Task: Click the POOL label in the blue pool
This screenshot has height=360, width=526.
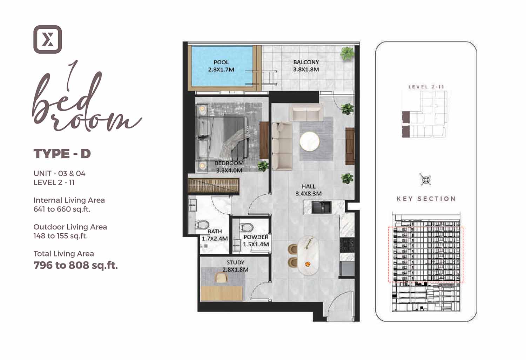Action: point(221,66)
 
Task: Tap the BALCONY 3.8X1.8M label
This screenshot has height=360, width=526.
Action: point(306,66)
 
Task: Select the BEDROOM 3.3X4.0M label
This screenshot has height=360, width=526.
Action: point(229,167)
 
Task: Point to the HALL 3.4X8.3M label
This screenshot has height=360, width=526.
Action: point(308,190)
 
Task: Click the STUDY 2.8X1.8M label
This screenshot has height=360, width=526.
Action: point(235,266)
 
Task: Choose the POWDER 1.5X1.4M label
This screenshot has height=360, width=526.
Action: point(256,241)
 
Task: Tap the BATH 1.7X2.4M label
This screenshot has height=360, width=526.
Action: point(215,235)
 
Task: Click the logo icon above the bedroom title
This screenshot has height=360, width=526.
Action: point(48,39)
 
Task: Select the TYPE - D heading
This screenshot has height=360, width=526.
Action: point(62,154)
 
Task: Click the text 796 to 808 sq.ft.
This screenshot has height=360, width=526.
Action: point(76,265)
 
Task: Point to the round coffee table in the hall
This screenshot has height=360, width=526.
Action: point(310,141)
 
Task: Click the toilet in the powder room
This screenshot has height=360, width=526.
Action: point(246,227)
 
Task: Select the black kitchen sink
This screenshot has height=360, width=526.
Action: point(321,207)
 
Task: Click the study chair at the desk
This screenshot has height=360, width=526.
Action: point(221,278)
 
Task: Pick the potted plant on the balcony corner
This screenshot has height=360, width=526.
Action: point(347,54)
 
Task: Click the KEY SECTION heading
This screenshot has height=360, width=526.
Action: point(426,199)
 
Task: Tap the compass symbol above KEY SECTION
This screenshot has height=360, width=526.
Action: point(425,180)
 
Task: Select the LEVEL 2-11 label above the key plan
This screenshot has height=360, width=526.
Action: point(426,87)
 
